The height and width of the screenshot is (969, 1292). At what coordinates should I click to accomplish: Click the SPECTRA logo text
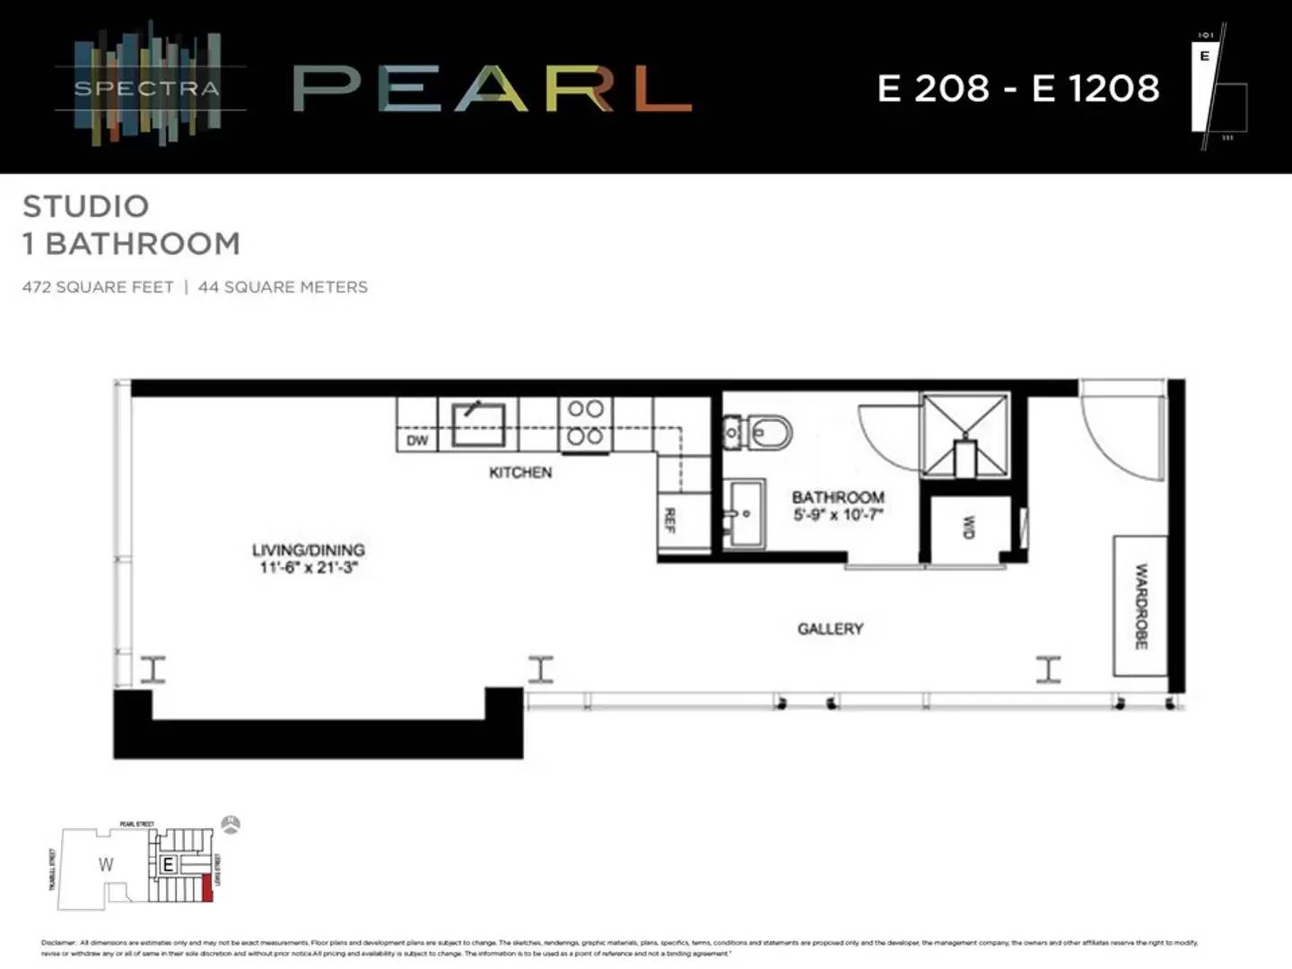[147, 88]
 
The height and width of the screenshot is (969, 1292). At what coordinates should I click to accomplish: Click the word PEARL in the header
[492, 89]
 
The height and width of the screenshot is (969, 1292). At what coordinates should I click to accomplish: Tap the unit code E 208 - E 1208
[1018, 88]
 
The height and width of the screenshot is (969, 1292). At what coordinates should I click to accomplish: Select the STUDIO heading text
[86, 206]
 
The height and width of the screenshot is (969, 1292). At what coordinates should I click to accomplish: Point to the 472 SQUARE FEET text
[98, 287]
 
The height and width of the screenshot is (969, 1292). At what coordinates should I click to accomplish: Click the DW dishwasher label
[417, 441]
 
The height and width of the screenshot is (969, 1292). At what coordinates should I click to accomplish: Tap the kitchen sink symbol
[478, 424]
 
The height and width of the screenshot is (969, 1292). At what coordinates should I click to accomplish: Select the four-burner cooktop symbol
[585, 423]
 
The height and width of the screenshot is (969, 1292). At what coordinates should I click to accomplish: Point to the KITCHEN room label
[520, 472]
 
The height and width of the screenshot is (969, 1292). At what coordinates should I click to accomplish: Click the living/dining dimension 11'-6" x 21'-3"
[309, 567]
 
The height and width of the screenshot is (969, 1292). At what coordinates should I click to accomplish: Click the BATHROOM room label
[838, 497]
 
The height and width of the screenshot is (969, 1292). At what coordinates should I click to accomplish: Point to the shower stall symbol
[965, 435]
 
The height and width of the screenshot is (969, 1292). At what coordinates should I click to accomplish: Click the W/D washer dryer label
[968, 527]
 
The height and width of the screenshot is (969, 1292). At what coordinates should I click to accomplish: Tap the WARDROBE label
[1140, 606]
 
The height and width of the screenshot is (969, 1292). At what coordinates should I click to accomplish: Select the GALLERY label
[830, 629]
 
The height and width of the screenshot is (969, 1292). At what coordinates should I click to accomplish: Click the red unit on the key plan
[207, 887]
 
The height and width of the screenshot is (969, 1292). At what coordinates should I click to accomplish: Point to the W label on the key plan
[106, 865]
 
